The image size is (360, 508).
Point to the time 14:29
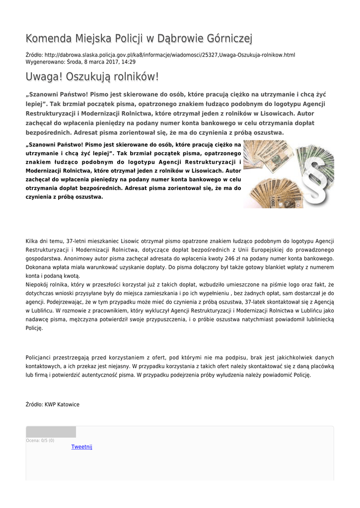click(x=129, y=62)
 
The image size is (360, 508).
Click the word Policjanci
click(x=39, y=358)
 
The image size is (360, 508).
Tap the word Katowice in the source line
click(x=69, y=404)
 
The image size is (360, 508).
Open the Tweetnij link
click(x=82, y=447)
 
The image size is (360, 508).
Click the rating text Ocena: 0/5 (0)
click(x=40, y=441)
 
